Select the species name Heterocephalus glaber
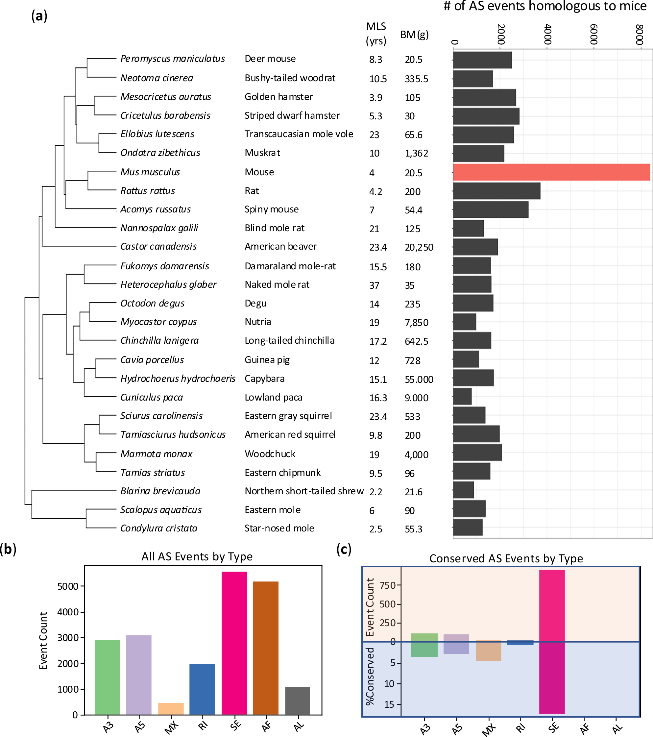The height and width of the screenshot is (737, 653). pyautogui.click(x=168, y=284)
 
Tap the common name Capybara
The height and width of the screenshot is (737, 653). pyautogui.click(x=264, y=379)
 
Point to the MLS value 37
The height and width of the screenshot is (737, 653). pyautogui.click(x=374, y=285)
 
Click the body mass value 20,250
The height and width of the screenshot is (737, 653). pyautogui.click(x=419, y=247)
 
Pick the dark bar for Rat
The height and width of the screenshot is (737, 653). pyautogui.click(x=496, y=191)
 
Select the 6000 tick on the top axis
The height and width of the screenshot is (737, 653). pyautogui.click(x=593, y=35)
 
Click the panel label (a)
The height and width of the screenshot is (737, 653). pyautogui.click(x=39, y=16)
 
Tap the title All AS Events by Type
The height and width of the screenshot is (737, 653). pyautogui.click(x=197, y=556)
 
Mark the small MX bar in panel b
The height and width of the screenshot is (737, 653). pyautogui.click(x=171, y=708)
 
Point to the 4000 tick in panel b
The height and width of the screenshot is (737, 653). pyautogui.click(x=67, y=612)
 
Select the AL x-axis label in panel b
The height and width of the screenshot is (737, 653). pyautogui.click(x=299, y=726)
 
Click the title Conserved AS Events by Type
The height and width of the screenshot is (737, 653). pyautogui.click(x=506, y=558)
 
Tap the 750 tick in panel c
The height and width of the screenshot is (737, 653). pyautogui.click(x=388, y=585)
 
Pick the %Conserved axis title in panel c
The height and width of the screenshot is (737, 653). pyautogui.click(x=370, y=676)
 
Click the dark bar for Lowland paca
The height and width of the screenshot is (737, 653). pyautogui.click(x=462, y=397)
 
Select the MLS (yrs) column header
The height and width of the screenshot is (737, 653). pyautogui.click(x=376, y=34)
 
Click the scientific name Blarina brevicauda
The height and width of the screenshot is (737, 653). pyautogui.click(x=160, y=491)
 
